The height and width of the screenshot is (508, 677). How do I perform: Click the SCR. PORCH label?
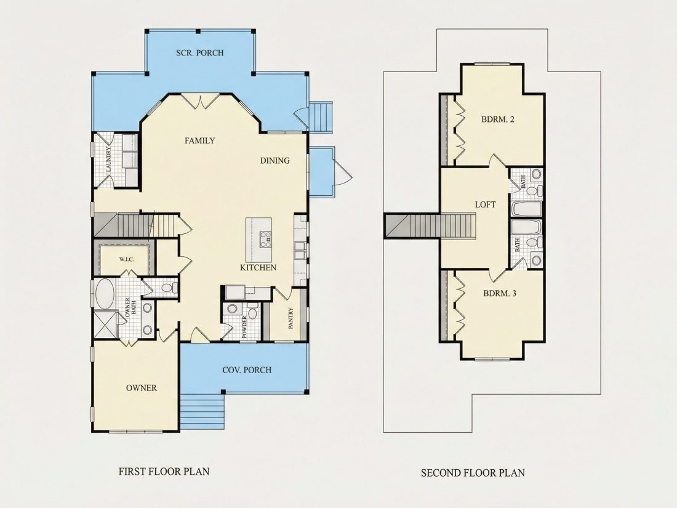pyautogui.click(x=200, y=53)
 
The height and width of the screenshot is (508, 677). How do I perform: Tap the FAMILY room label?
pyautogui.click(x=200, y=141)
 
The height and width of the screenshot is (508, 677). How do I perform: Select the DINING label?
pyautogui.click(x=274, y=161)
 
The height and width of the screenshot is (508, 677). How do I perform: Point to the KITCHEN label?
pyautogui.click(x=258, y=268)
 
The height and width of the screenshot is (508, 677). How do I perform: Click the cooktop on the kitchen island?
pyautogui.click(x=265, y=240)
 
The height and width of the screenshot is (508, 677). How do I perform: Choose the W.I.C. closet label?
pyautogui.click(x=127, y=260)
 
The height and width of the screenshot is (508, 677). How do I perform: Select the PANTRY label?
pyautogui.click(x=290, y=318)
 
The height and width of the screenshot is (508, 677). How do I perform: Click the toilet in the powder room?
pyautogui.click(x=252, y=311)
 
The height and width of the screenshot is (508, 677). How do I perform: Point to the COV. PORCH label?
pyautogui.click(x=247, y=370)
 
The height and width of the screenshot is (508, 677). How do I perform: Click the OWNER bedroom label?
pyautogui.click(x=141, y=389)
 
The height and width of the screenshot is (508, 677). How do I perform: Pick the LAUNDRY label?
pyautogui.click(x=108, y=160)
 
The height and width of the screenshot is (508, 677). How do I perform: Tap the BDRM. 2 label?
pyautogui.click(x=498, y=119)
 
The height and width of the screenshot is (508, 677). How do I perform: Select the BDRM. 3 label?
pyautogui.click(x=500, y=294)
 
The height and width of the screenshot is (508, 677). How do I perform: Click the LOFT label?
pyautogui.click(x=486, y=205)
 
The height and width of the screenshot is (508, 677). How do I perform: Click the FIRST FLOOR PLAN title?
pyautogui.click(x=164, y=471)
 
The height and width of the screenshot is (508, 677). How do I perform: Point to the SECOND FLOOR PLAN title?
pyautogui.click(x=473, y=473)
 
